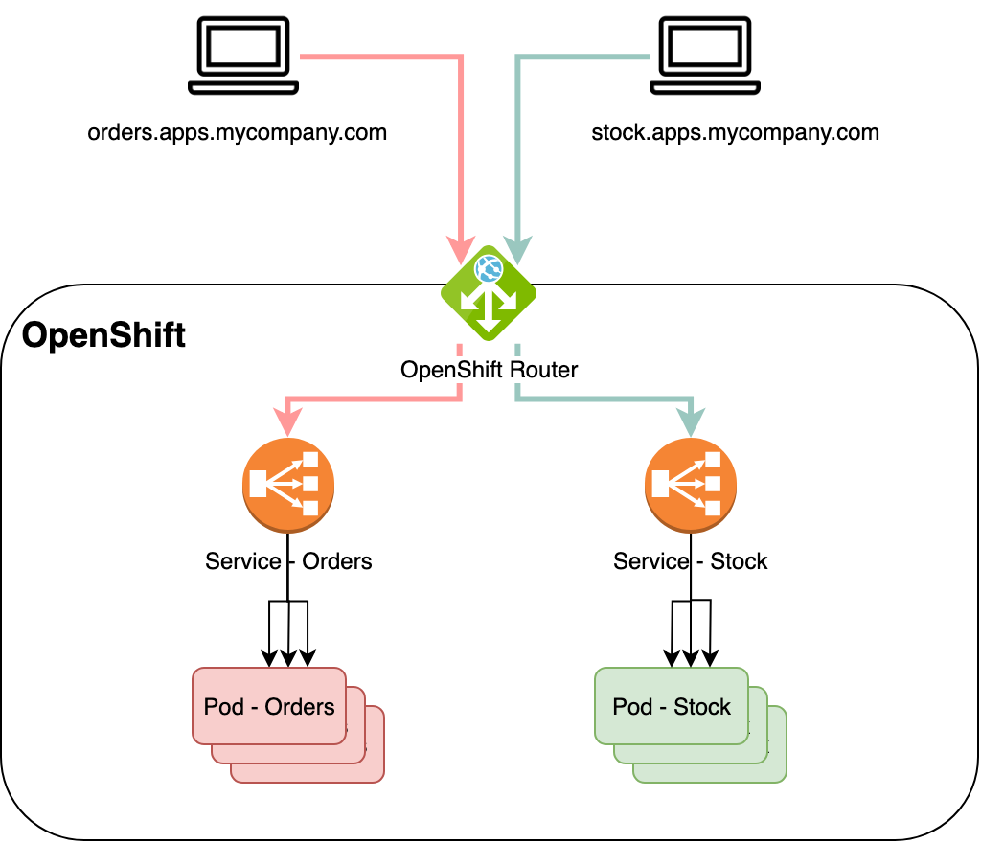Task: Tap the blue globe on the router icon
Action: coord(489,268)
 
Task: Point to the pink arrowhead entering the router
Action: coord(462,250)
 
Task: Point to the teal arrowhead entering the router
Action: coord(517,250)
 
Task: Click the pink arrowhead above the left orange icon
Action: coord(287,421)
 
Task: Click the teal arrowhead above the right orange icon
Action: coord(691,421)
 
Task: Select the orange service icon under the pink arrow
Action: coord(287,486)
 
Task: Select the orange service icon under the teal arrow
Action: coord(691,486)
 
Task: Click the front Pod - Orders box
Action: coord(269,706)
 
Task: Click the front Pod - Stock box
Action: coord(672,706)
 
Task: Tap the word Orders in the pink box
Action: coord(300,707)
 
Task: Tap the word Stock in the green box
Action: coord(702,707)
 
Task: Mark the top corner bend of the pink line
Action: coord(462,57)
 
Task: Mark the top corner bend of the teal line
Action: coord(517,57)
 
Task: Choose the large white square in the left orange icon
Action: coord(258,486)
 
